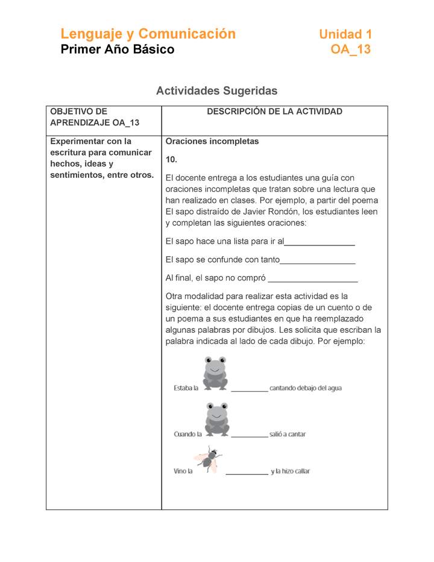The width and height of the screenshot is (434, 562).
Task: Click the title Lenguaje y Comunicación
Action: (148, 34)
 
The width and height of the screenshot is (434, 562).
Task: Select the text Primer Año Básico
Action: (118, 49)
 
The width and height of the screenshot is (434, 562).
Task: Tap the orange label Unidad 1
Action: (345, 34)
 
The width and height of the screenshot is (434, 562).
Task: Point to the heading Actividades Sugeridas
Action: (216, 91)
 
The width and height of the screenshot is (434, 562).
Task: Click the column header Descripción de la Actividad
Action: (274, 112)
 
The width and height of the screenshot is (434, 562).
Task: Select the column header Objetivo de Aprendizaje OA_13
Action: (94, 117)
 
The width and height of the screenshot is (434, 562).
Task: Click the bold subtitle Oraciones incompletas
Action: (212, 141)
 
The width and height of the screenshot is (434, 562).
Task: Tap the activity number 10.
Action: (171, 160)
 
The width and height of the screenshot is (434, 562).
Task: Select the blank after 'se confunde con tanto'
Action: (318, 260)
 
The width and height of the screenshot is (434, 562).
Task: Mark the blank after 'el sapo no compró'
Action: (312, 279)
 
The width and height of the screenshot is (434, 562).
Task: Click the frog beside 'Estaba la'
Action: (215, 373)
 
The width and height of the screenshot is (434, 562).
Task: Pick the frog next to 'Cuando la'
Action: (216, 418)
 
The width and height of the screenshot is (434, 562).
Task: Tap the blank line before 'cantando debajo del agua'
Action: (249, 390)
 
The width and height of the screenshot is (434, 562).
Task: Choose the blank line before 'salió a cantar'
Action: (249, 435)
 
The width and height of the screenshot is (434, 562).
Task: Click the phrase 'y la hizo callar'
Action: (291, 471)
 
